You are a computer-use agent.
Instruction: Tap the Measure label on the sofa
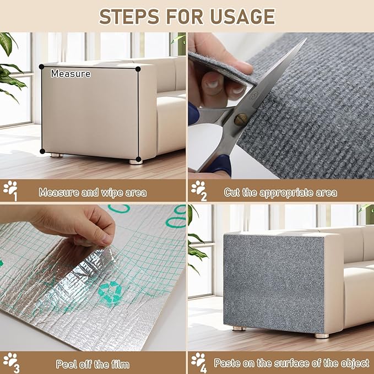[x=71, y=73]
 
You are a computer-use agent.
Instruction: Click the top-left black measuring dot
[x=41, y=67]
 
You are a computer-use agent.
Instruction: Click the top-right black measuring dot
[x=138, y=69]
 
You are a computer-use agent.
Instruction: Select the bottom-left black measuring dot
[x=42, y=151]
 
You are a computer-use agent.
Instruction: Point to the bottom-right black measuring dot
[x=138, y=160]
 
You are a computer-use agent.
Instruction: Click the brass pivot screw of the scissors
[x=241, y=118]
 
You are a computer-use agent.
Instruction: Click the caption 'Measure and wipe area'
[x=93, y=193]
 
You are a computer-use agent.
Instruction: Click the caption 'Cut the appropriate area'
[x=280, y=193]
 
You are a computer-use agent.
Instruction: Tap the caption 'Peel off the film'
[x=93, y=364]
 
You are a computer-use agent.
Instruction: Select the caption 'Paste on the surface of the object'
[x=291, y=364]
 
